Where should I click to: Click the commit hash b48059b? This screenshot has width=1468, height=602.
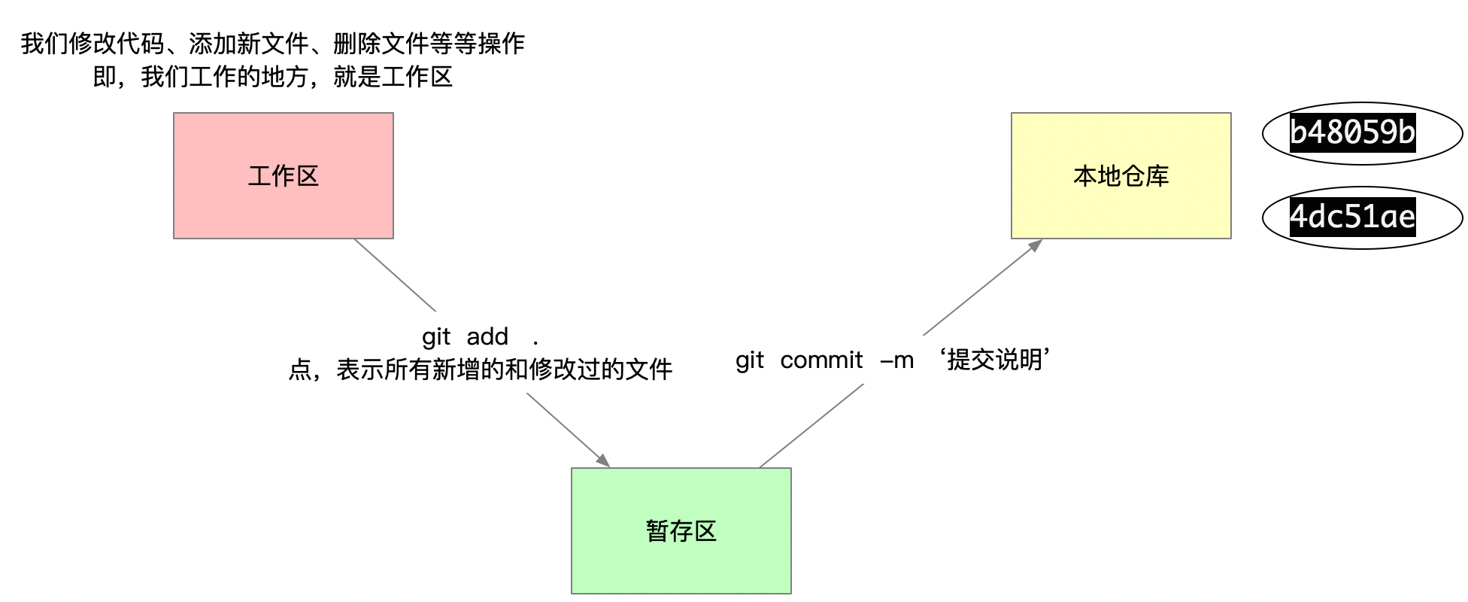pyautogui.click(x=1352, y=132)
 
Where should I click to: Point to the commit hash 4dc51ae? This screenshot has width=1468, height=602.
pyautogui.click(x=1352, y=217)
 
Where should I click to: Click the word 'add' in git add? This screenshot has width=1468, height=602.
pyautogui.click(x=487, y=336)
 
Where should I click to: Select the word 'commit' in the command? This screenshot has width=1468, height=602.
pyautogui.click(x=821, y=360)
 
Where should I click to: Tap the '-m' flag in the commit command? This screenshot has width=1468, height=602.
pyautogui.click(x=897, y=360)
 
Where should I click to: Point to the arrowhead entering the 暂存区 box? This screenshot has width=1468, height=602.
pyautogui.click(x=603, y=460)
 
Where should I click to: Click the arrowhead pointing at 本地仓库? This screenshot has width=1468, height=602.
pyautogui.click(x=1036, y=245)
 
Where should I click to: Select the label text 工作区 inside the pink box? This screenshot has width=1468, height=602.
pyautogui.click(x=284, y=176)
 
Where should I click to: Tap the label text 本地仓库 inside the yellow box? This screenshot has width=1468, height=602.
pyautogui.click(x=1121, y=176)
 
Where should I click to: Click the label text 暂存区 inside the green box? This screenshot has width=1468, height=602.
pyautogui.click(x=681, y=531)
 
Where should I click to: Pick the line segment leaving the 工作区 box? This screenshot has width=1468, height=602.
pyautogui.click(x=395, y=275)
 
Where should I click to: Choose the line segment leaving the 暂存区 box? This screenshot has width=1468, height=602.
pyautogui.click(x=811, y=425)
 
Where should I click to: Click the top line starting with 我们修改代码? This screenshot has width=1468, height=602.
pyautogui.click(x=272, y=44)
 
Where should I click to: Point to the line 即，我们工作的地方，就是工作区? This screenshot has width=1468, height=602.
pyautogui.click(x=272, y=77)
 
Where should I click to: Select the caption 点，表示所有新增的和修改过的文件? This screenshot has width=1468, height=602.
pyautogui.click(x=480, y=369)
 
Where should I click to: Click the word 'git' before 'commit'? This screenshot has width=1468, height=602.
pyautogui.click(x=749, y=360)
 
